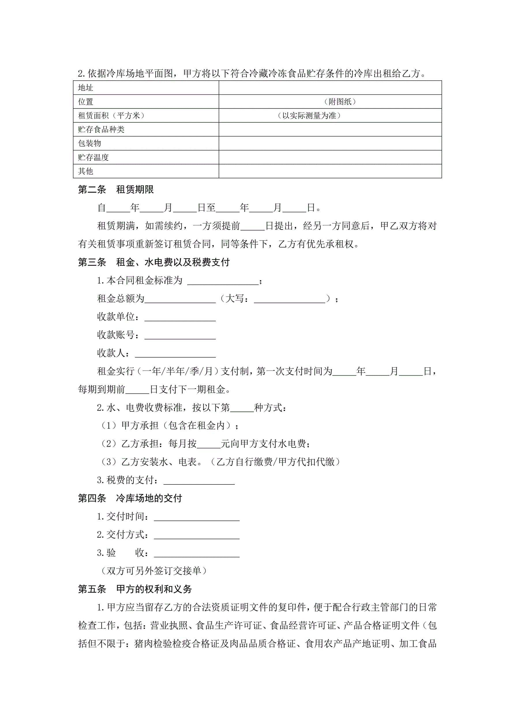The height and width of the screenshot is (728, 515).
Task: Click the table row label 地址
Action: click(86, 88)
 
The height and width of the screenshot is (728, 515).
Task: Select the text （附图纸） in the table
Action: click(340, 102)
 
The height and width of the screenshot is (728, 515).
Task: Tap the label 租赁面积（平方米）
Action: click(111, 116)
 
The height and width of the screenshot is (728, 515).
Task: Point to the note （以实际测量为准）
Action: click(309, 116)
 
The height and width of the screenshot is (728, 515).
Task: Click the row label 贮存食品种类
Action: click(101, 129)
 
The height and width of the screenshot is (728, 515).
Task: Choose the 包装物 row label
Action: click(89, 143)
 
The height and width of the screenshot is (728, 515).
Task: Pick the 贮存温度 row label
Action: click(93, 157)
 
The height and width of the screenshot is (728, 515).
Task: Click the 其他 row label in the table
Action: click(86, 171)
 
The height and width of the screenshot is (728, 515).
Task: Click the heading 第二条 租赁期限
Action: click(116, 190)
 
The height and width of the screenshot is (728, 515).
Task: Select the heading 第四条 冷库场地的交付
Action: click(130, 498)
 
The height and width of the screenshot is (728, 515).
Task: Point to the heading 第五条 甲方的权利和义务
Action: click(135, 589)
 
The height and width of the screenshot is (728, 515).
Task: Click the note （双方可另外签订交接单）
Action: click(154, 571)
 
